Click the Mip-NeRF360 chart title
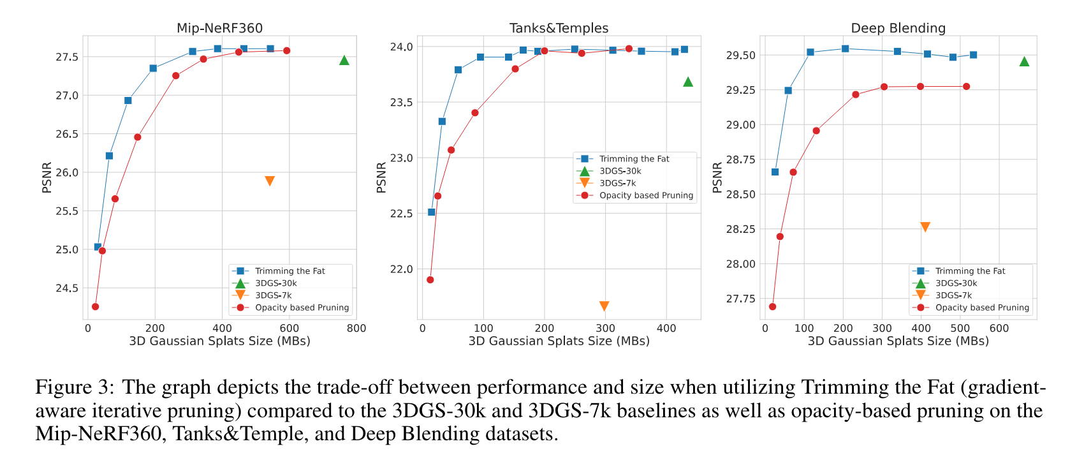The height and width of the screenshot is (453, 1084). [219, 28]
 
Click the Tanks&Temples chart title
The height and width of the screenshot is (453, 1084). [559, 28]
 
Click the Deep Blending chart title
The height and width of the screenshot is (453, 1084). [898, 28]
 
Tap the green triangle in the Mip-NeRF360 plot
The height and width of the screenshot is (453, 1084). [344, 60]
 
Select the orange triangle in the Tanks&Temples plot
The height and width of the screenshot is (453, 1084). [604, 306]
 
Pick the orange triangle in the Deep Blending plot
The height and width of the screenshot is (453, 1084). [925, 226]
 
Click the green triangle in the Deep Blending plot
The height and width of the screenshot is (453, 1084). [1024, 61]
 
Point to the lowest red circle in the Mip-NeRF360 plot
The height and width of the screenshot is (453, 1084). [95, 307]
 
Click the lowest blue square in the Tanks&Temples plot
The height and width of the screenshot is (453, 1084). [431, 212]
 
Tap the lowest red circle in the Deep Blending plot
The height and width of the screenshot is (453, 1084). [772, 307]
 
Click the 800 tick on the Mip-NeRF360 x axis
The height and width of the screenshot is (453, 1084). [356, 329]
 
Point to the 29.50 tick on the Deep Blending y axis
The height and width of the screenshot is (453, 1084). [740, 56]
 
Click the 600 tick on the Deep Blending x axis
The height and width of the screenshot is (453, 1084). [999, 329]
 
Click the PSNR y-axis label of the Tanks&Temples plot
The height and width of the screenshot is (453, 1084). [381, 177]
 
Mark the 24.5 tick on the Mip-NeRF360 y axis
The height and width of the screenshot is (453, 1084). [67, 288]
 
